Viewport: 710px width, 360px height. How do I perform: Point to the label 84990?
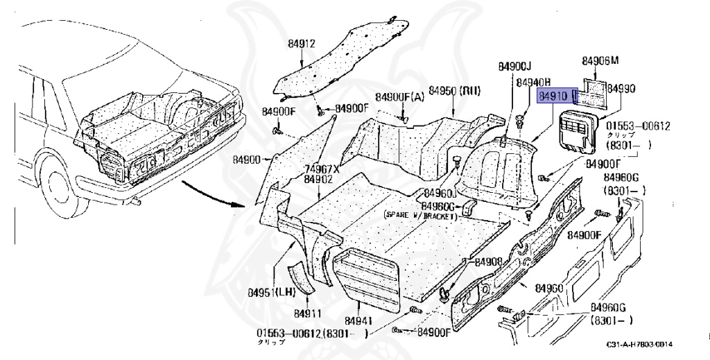click(621, 89)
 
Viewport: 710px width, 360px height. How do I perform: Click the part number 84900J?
click(514, 66)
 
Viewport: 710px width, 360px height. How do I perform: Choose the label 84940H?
click(532, 82)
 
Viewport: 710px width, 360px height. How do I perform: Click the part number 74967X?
click(322, 169)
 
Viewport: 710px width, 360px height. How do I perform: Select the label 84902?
click(318, 178)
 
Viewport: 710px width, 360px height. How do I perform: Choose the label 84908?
click(488, 262)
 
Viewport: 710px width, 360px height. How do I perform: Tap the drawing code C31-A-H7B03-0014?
click(639, 345)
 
